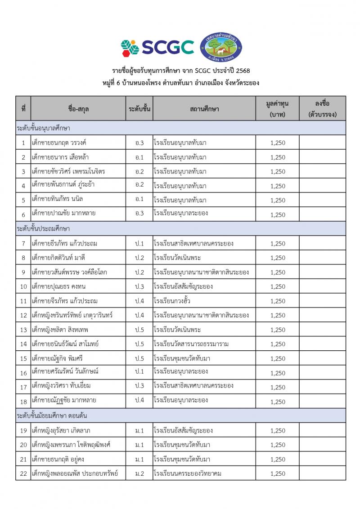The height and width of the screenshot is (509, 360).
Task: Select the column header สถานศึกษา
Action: (x=204, y=108)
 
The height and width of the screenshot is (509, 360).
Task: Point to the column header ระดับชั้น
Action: (x=139, y=108)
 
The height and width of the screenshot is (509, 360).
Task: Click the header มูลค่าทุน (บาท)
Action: (x=277, y=108)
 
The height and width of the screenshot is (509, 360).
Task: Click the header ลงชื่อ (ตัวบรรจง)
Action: (x=323, y=108)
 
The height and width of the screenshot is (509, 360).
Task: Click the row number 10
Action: (x=23, y=286)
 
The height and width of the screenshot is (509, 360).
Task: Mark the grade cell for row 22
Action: (x=139, y=473)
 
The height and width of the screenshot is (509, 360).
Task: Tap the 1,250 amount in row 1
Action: (x=278, y=143)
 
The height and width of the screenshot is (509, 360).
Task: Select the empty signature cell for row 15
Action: (x=322, y=358)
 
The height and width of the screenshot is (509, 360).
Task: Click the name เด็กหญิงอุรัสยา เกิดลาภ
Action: (x=62, y=430)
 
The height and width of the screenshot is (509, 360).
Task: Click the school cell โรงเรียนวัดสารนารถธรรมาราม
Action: (x=191, y=344)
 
